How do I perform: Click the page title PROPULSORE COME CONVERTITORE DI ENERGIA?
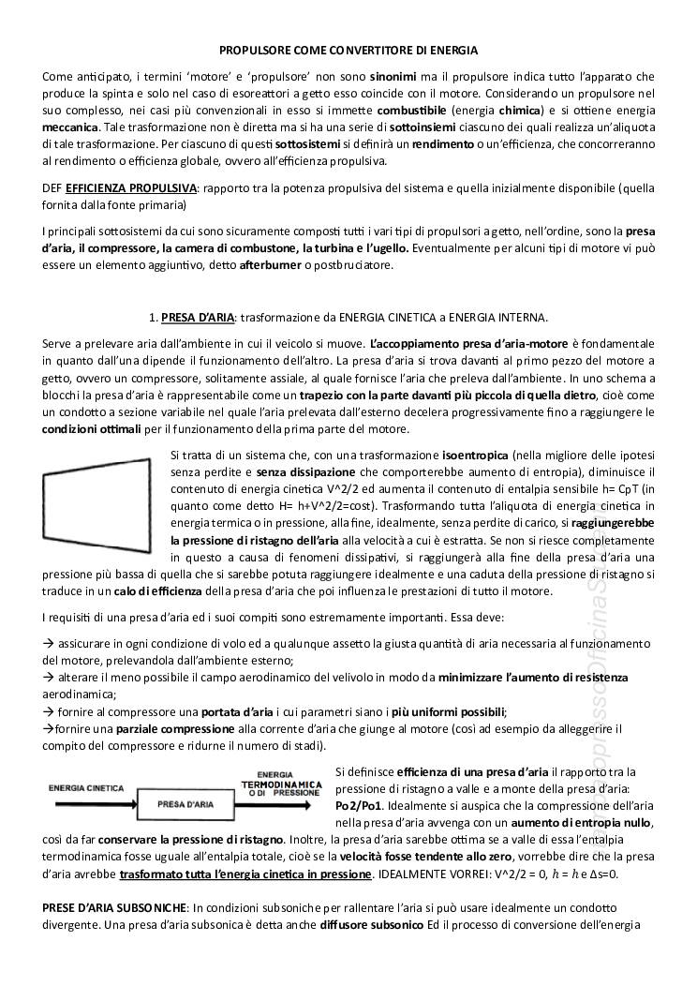[348, 49]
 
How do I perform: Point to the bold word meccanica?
[70, 127]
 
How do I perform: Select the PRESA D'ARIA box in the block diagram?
[183, 803]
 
